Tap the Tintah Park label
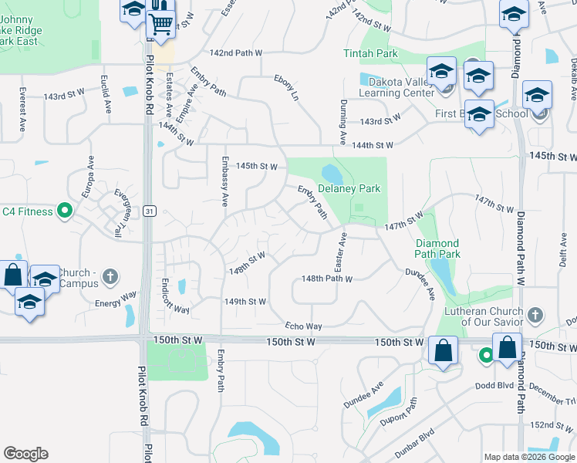click(371, 53)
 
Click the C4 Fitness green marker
click(65, 210)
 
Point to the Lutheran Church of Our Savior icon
click(533, 315)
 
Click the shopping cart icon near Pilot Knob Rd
click(161, 25)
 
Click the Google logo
click(25, 454)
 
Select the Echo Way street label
click(303, 326)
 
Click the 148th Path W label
click(326, 279)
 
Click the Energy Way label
click(116, 299)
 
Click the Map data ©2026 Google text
click(529, 457)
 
